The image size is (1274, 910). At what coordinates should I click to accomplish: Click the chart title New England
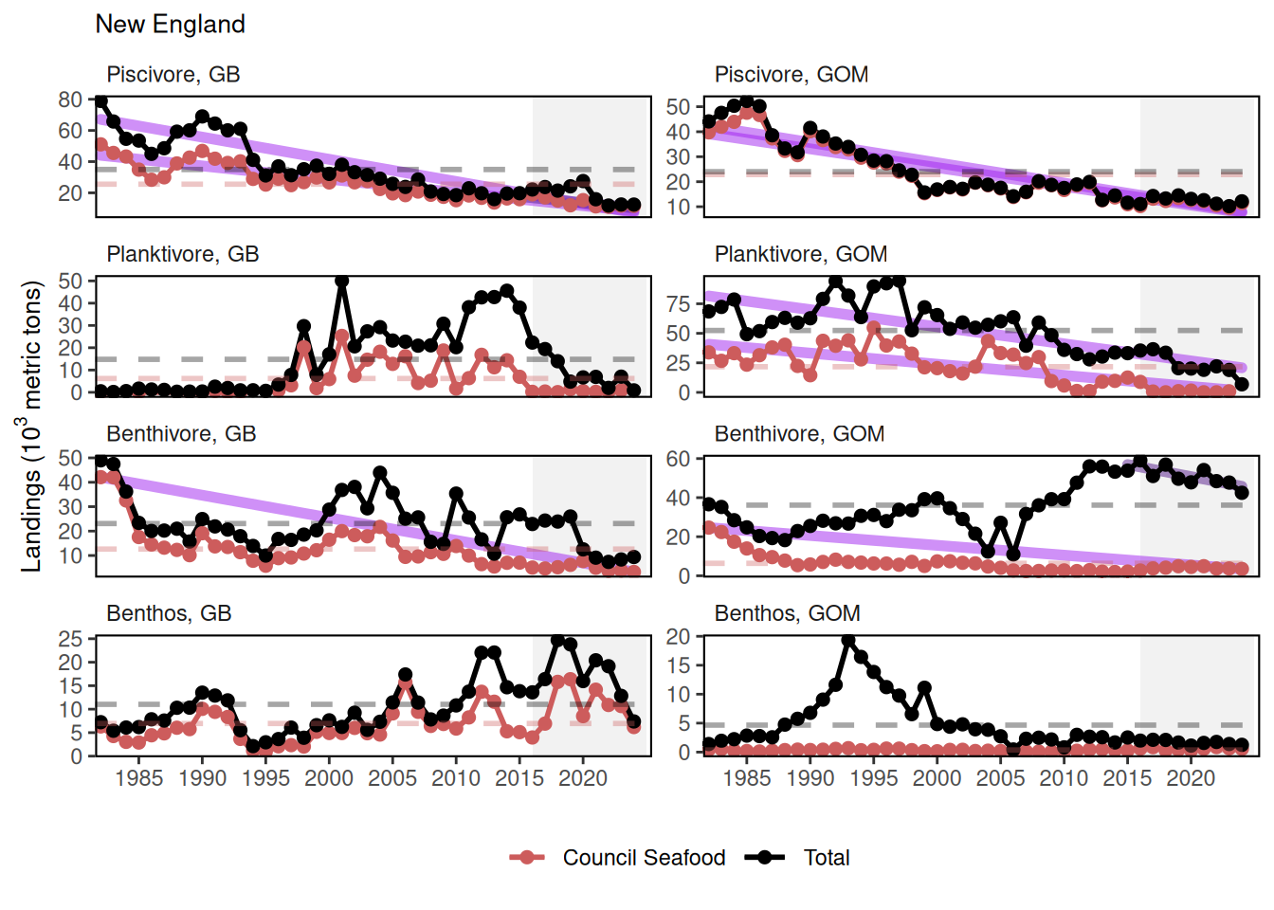click(170, 25)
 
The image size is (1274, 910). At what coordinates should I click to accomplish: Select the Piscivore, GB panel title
click(173, 75)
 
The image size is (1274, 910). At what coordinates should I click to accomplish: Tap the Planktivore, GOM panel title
click(800, 254)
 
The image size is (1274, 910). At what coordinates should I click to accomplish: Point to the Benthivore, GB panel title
click(181, 434)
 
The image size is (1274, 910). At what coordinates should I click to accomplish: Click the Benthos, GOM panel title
click(787, 613)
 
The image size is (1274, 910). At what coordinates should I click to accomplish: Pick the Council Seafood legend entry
click(643, 858)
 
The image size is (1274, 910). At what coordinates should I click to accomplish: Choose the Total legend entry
click(826, 858)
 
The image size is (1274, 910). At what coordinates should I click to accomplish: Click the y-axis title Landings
click(31, 426)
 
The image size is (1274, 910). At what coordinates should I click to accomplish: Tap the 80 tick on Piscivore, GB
click(70, 100)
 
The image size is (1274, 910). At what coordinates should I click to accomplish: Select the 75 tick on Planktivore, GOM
click(678, 304)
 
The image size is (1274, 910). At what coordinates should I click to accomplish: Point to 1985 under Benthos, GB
click(138, 778)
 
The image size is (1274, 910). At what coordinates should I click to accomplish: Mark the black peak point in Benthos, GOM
click(848, 642)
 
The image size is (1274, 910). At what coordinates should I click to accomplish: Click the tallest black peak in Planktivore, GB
click(342, 282)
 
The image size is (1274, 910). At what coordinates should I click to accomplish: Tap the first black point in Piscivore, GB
click(100, 101)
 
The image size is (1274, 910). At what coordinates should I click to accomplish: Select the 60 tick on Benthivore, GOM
click(678, 459)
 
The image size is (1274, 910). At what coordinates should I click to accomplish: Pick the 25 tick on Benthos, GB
click(70, 639)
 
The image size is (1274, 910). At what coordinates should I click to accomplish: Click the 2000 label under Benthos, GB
click(329, 778)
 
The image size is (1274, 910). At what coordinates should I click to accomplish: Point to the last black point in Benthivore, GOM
click(1242, 493)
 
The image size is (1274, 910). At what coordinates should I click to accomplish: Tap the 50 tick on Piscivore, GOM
click(678, 107)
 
